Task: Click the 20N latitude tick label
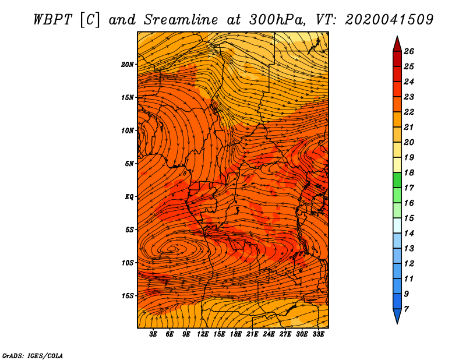[128, 65]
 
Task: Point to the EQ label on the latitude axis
[129, 197]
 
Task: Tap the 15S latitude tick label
[128, 296]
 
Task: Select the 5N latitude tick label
[129, 164]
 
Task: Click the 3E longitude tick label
[153, 334]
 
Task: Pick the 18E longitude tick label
[236, 334]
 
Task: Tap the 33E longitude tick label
[318, 334]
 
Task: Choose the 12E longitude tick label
[202, 334]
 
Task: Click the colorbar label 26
[409, 51]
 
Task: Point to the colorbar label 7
[406, 309]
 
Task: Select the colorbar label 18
[409, 172]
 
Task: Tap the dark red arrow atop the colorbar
[397, 44]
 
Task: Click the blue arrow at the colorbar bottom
[397, 316]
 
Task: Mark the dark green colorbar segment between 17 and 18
[397, 180]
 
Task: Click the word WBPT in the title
[53, 20]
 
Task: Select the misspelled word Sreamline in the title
[181, 20]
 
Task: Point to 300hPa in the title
[277, 20]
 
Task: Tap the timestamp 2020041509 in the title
[389, 20]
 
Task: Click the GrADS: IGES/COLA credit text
[33, 356]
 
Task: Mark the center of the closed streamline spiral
[172, 249]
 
